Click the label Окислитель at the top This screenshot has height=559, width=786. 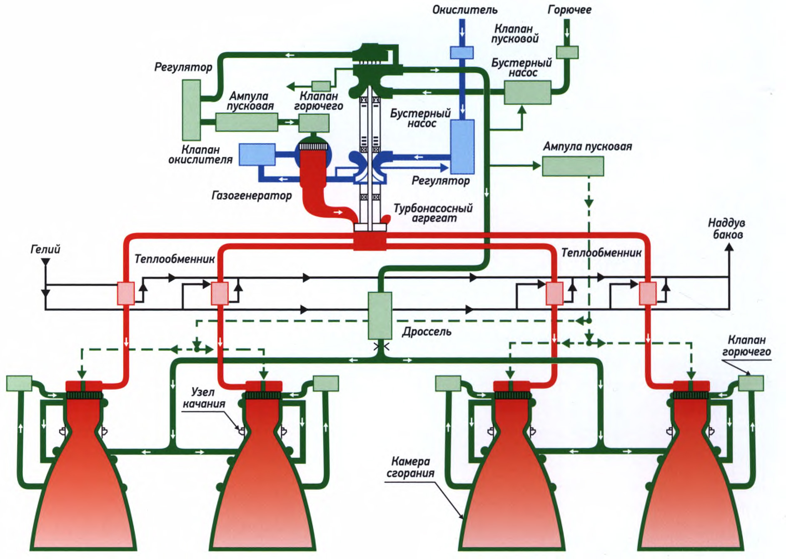[464, 10]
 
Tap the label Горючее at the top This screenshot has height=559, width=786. [569, 10]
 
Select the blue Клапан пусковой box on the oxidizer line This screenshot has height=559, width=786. [462, 52]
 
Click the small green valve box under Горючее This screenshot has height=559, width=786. [567, 52]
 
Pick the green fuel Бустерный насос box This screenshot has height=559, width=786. [527, 92]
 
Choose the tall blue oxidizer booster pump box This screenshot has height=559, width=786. [462, 147]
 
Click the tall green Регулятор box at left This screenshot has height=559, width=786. [191, 110]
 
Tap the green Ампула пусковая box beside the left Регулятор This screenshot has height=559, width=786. [247, 122]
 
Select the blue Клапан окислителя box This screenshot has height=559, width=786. [257, 155]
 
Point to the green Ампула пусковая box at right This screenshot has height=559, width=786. [573, 166]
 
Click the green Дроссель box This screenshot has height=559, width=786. [380, 315]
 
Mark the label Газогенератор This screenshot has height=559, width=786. [252, 195]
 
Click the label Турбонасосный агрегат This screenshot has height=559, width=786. [433, 213]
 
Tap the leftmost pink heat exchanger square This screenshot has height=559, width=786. [125, 293]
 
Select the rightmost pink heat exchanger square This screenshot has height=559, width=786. [648, 293]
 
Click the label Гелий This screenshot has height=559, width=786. [45, 249]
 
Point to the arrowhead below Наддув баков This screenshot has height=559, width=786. [729, 247]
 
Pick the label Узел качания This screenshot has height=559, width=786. [204, 398]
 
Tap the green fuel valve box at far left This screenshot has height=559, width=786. [19, 383]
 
